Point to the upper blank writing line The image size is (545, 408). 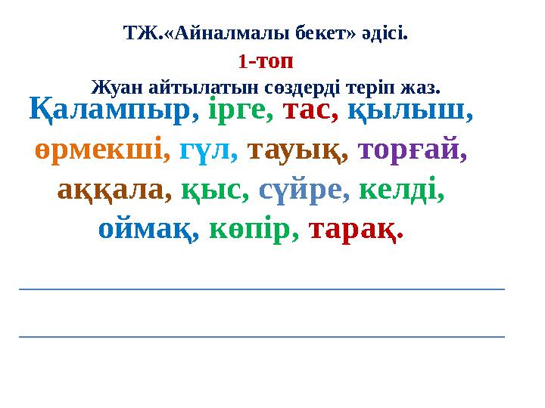[x=261, y=289]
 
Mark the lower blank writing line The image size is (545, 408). [x=261, y=336]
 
